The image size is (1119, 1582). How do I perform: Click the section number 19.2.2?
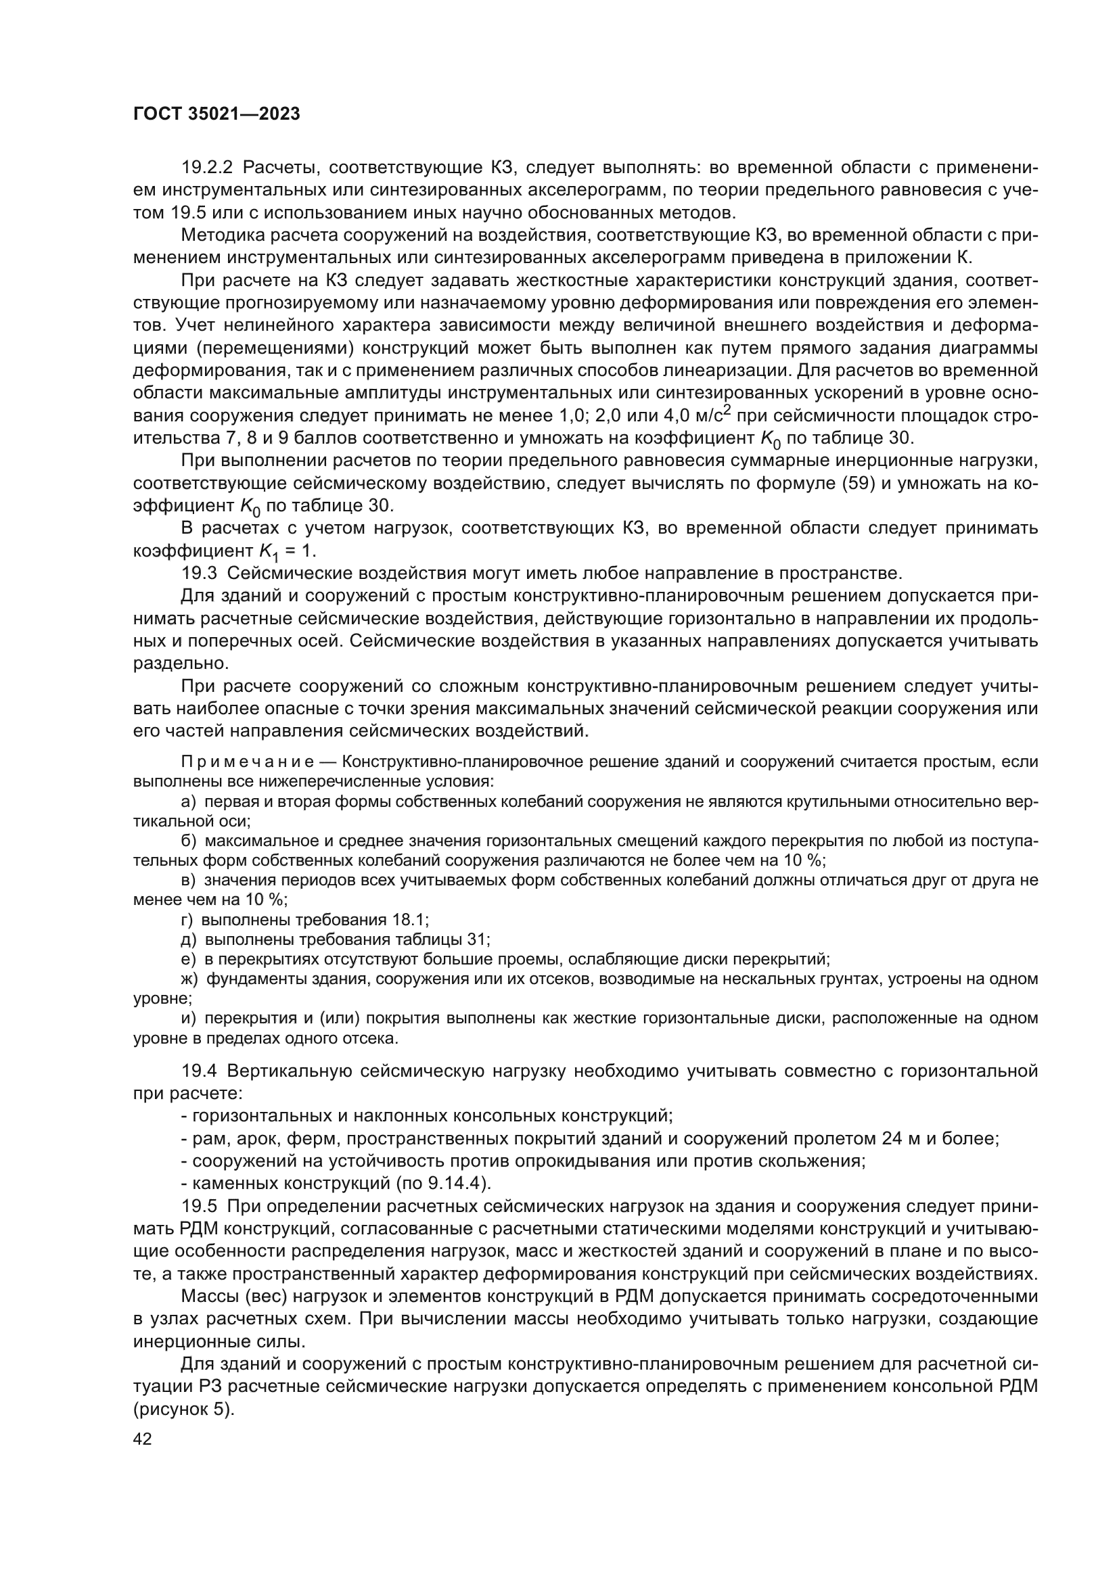208,168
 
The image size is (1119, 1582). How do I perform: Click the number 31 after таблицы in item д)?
478,940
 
